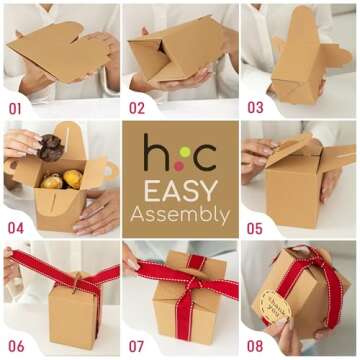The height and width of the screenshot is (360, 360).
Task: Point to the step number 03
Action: coord(255,107)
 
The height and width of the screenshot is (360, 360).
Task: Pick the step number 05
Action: coord(255,227)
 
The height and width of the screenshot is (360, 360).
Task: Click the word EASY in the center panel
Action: coord(179,190)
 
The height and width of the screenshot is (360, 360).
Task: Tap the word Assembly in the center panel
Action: coord(179,213)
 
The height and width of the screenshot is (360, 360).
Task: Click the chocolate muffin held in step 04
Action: coord(52,146)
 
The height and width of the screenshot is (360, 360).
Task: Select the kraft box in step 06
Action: coord(72,315)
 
